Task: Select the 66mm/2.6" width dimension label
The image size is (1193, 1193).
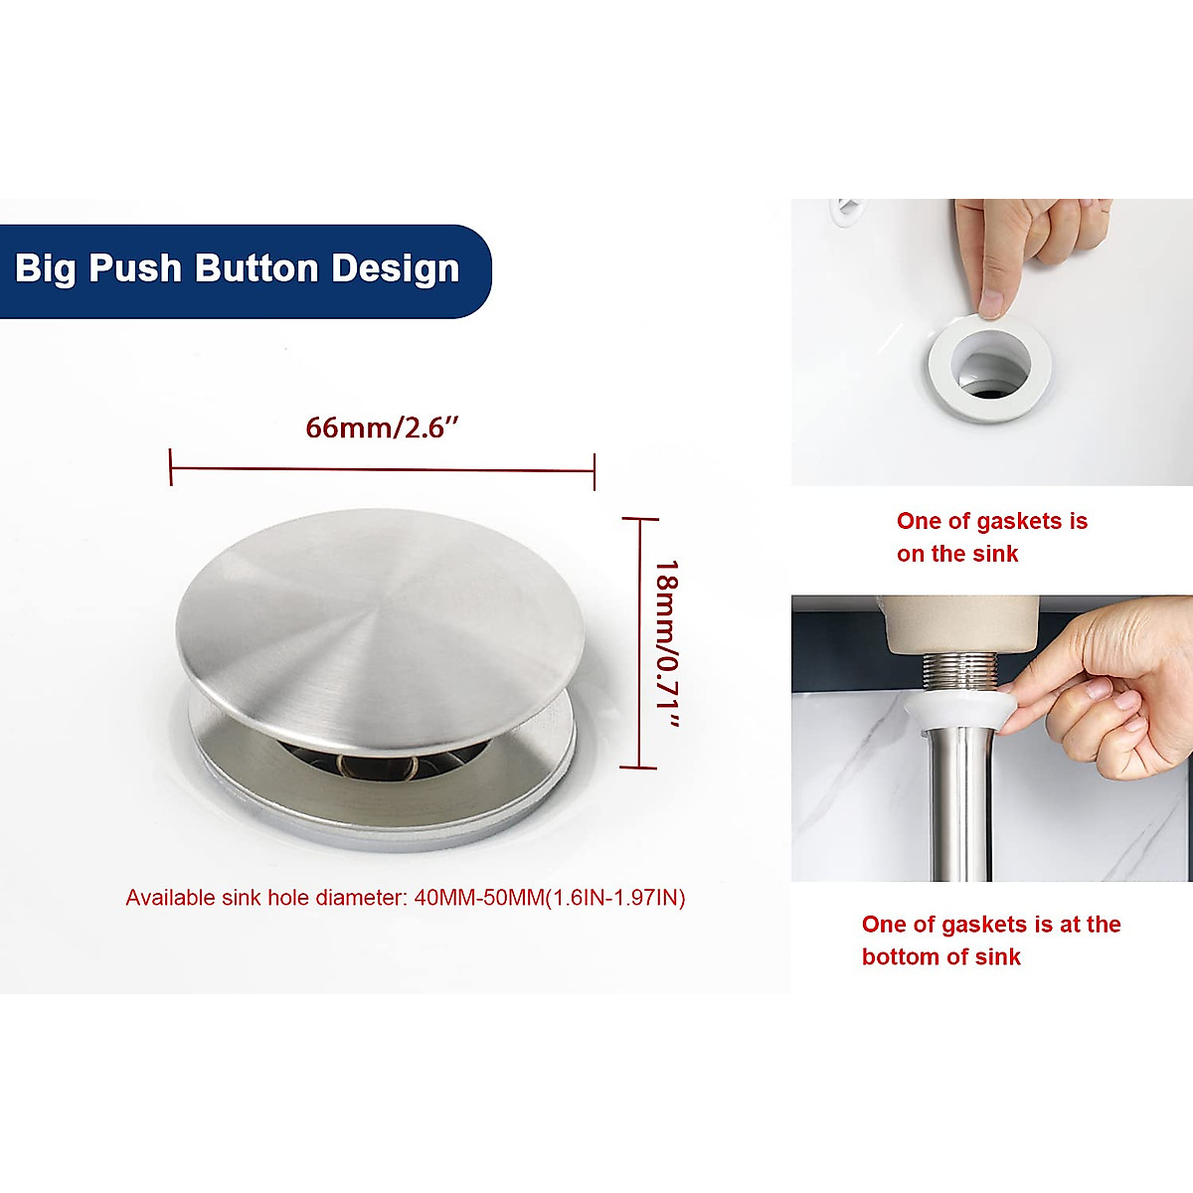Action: [x=382, y=427]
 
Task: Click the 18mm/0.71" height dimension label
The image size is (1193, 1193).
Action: [x=666, y=644]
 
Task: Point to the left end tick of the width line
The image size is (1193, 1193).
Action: [x=171, y=466]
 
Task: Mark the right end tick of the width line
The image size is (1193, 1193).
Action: [x=595, y=470]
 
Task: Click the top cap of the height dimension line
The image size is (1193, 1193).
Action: [x=639, y=518]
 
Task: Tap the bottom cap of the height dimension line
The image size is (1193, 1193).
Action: [x=638, y=767]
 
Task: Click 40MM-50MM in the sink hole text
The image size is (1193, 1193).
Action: [x=478, y=898]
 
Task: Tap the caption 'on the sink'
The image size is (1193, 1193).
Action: [x=956, y=554]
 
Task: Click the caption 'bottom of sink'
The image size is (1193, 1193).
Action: [x=940, y=956]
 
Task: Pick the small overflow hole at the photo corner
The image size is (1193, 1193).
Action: [x=848, y=206]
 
